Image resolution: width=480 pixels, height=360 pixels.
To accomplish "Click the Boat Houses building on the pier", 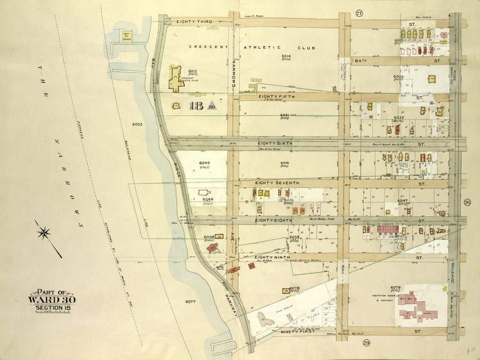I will (x=125, y=36).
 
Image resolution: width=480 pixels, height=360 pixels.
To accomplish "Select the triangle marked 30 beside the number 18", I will (x=212, y=106).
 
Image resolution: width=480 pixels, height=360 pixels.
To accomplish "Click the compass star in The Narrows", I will (x=45, y=231).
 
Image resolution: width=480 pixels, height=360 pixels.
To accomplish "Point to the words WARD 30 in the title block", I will (x=52, y=300).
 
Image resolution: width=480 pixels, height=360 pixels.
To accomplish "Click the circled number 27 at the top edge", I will (x=359, y=13).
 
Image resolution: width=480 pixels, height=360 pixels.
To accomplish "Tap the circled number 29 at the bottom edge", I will (x=366, y=343).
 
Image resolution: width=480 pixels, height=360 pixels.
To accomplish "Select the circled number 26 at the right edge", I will (x=467, y=203).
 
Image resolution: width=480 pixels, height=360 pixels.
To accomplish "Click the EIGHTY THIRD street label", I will (x=194, y=22).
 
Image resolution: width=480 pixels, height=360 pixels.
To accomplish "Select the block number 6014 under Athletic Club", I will (x=287, y=56).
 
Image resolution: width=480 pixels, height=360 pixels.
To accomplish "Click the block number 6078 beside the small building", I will (x=294, y=289).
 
